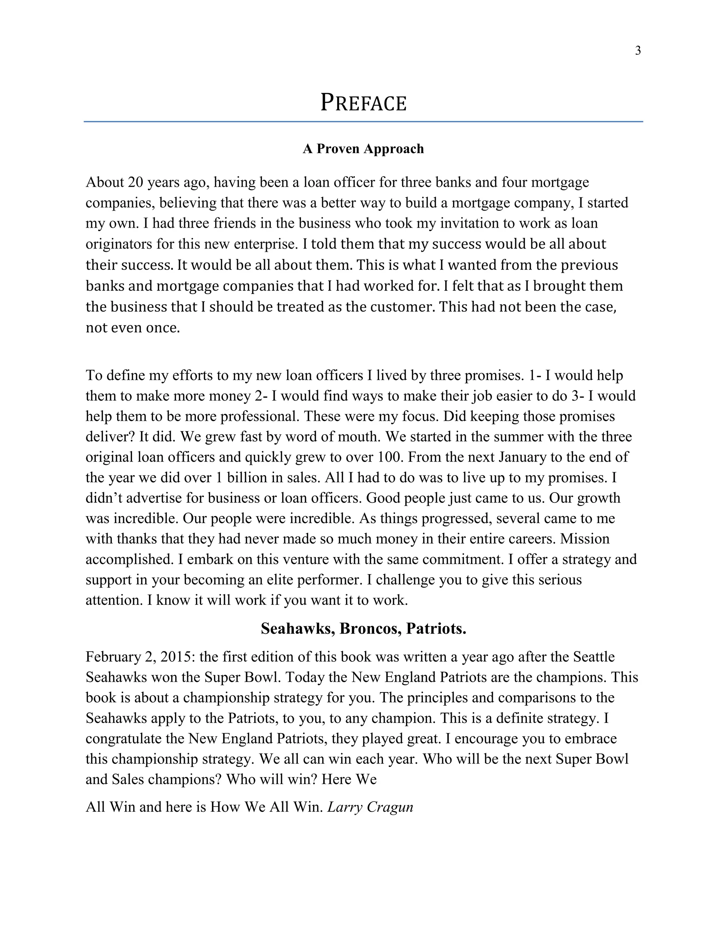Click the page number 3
(638, 51)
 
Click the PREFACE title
(363, 103)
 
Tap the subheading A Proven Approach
(363, 149)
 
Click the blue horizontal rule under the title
(363, 122)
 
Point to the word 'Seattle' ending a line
(594, 657)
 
